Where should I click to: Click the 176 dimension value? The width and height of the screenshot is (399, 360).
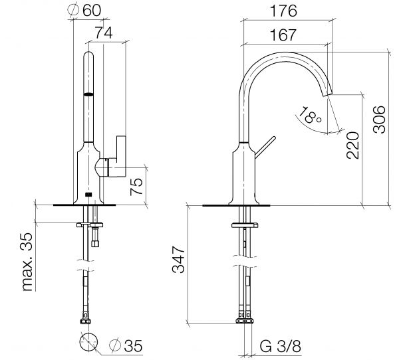tap(283, 11)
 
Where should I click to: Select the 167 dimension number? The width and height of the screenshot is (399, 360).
tap(283, 35)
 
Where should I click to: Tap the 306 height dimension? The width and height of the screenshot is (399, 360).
tap(379, 120)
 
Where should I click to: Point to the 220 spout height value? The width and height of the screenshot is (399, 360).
tap(352, 145)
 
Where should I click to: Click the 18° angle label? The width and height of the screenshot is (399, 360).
tap(309, 116)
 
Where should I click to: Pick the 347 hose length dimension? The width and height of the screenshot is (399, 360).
tap(178, 259)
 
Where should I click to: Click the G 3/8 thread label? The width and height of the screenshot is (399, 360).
tap(280, 346)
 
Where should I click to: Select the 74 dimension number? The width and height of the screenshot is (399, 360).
tap(104, 33)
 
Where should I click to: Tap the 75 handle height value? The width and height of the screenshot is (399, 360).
tap(136, 187)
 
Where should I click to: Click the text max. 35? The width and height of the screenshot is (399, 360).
tap(27, 262)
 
